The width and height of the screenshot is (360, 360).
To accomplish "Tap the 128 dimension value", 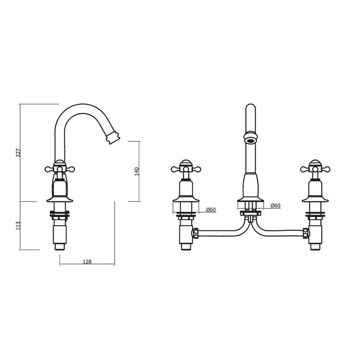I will coord(87,262).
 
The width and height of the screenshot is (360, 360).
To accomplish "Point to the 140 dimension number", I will coord(136,171).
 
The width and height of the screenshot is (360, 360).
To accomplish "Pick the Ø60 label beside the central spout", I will coord(276,205).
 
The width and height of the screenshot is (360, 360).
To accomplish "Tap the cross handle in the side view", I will coord(59,168).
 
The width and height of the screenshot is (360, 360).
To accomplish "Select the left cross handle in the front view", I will coord(184,168).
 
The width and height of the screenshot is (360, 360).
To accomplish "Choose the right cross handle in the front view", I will coord(314,168).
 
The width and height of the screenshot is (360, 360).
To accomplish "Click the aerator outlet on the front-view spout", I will coord(250,140).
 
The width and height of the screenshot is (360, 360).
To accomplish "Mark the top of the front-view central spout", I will coord(250,107).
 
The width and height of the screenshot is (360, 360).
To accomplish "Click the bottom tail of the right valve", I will coord(314,246).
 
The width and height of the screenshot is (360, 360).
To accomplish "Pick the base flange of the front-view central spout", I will coord(250,200).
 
